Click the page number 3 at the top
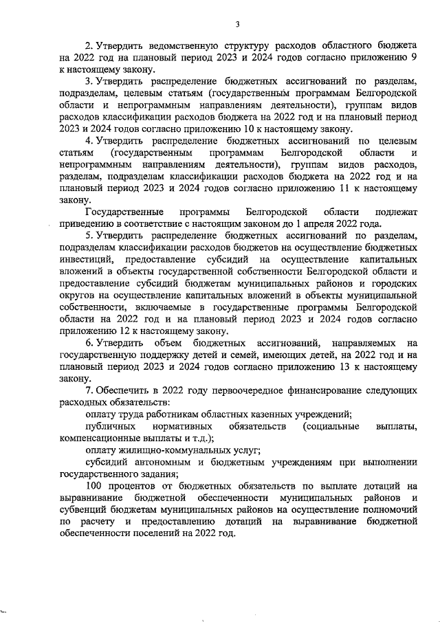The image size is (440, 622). [237, 25]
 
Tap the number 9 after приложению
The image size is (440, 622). [415, 58]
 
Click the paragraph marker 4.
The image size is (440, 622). [89, 141]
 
